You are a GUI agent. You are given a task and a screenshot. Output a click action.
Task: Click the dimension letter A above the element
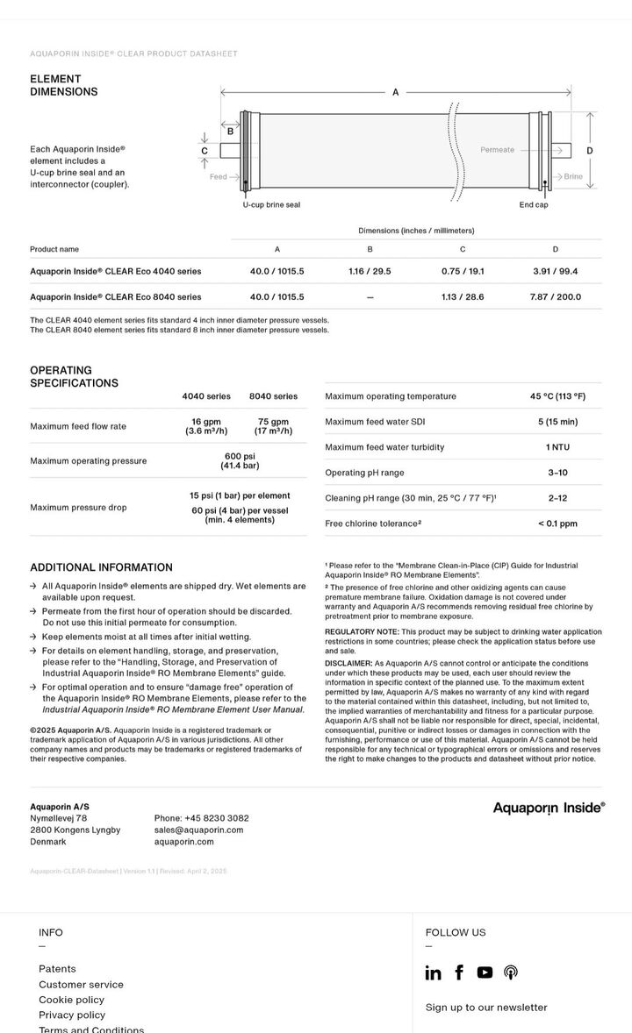395,92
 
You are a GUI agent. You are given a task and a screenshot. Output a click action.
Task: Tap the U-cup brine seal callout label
271,205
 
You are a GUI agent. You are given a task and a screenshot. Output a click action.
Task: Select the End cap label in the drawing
534,205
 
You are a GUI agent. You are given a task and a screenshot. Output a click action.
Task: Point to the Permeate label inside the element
497,150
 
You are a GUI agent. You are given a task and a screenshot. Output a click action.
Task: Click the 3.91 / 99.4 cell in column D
556,272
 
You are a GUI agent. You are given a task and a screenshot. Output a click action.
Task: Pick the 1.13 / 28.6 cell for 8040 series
463,297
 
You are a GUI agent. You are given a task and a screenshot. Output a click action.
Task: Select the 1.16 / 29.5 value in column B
370,272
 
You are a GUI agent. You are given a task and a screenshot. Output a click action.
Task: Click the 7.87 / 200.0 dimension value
556,297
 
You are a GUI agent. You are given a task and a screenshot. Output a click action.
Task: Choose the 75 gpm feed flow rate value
273,426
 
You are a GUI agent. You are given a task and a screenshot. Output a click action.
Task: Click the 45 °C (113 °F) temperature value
557,396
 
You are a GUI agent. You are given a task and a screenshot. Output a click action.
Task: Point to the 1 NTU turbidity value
557,447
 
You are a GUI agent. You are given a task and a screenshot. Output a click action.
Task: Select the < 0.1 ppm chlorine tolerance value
557,524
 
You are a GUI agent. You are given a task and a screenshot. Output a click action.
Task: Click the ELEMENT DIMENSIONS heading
64,85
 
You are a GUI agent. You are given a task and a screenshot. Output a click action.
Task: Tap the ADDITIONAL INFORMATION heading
101,567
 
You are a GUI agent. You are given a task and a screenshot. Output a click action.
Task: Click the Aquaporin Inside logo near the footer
549,808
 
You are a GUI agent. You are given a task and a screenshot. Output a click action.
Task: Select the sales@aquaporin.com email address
199,830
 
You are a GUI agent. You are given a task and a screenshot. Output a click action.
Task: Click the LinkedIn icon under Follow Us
433,972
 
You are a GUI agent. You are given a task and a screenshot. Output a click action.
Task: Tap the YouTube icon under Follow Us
485,972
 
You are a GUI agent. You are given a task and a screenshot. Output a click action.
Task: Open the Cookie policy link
71,1000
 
